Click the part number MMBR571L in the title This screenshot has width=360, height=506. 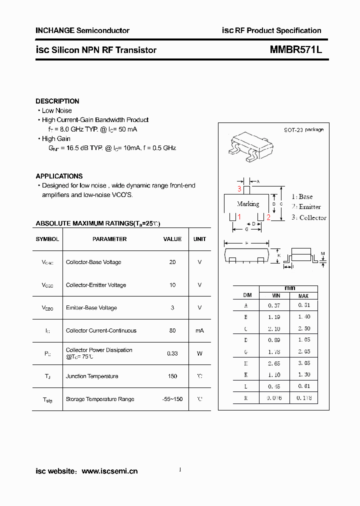pos(296,50)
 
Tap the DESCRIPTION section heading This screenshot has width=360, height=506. pos(57,101)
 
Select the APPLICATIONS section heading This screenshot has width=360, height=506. pos(59,176)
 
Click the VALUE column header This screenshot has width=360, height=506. pos(172,239)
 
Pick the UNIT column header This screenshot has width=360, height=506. pos(199,239)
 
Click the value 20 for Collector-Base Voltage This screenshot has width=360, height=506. pos(172,262)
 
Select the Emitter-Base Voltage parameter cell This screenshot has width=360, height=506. pos(91,308)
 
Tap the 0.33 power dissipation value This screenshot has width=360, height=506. pos(172,353)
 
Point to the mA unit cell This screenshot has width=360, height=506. pos(199,330)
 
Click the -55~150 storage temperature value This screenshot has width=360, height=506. pos(172,399)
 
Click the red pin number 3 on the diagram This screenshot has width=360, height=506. pos(239,189)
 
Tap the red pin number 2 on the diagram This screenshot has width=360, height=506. pos(268,217)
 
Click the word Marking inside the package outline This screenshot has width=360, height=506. pos(248,204)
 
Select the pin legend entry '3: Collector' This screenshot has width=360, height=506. pos(308,217)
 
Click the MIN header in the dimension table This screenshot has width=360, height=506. pos(275,296)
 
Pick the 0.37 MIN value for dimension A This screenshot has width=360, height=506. pos(274,305)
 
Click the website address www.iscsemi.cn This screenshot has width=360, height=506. pos(109,471)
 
